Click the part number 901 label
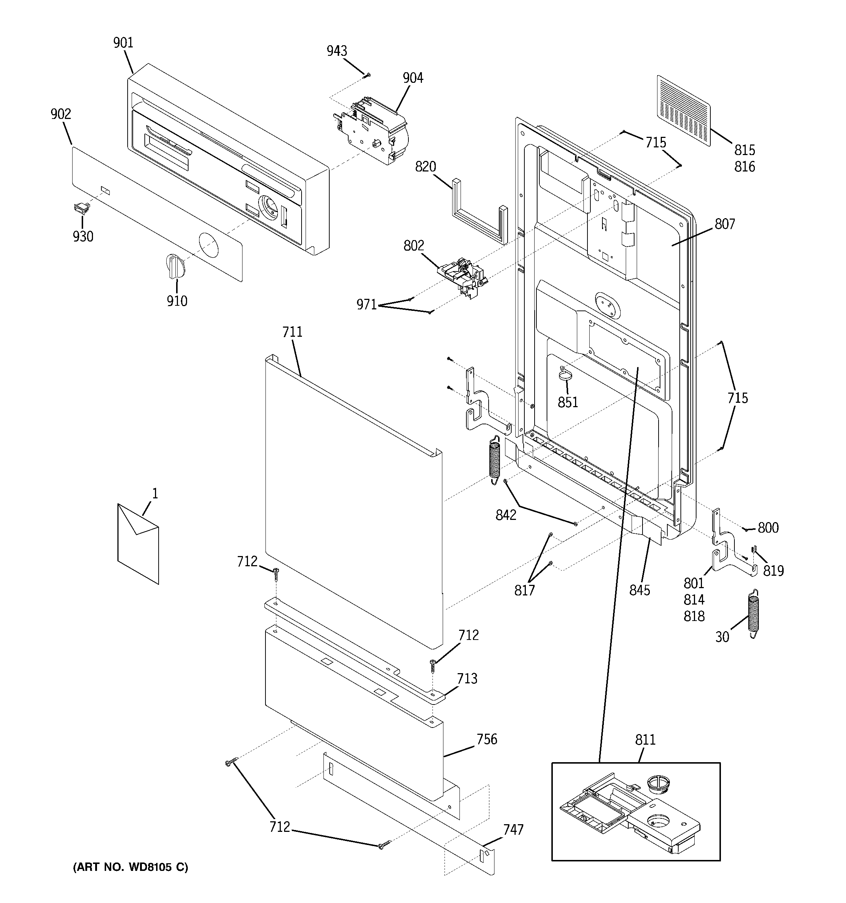123,43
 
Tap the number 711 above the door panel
292,332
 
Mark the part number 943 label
337,51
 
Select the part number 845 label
639,590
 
